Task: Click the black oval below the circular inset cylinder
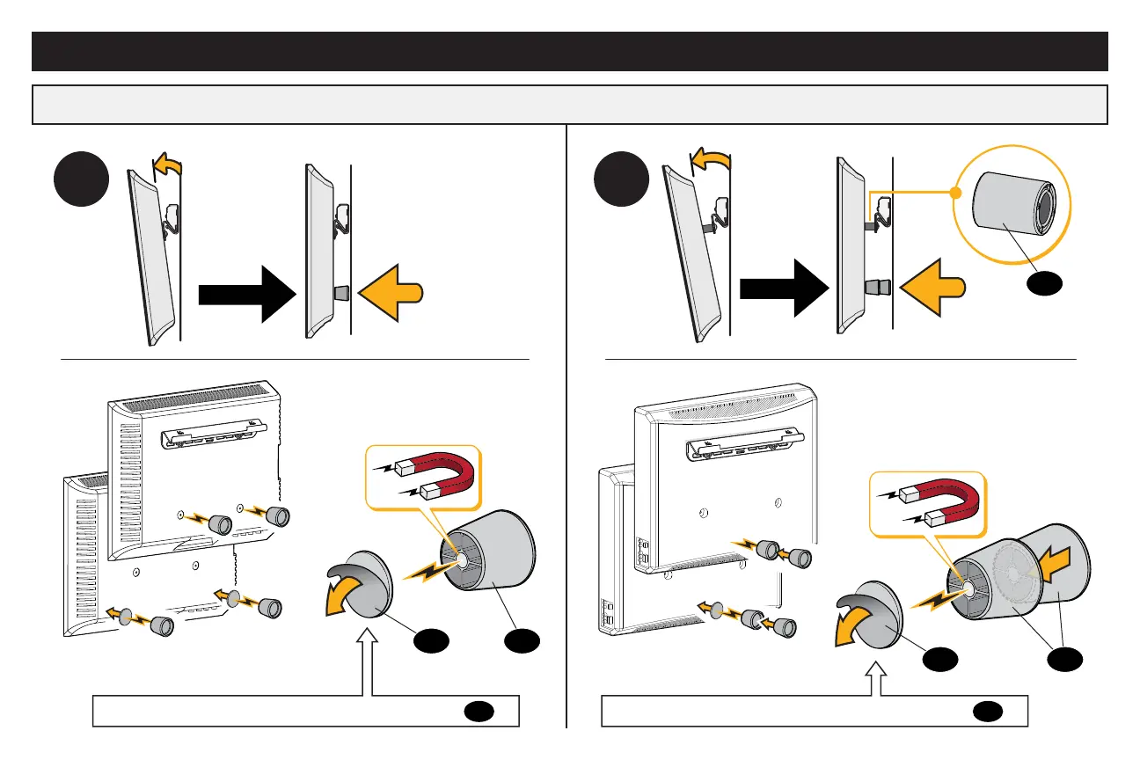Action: (1046, 282)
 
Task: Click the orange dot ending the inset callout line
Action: (956, 192)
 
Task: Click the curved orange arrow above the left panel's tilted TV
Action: (170, 164)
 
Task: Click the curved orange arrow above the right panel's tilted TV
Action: (709, 159)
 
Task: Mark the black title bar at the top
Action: (570, 51)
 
